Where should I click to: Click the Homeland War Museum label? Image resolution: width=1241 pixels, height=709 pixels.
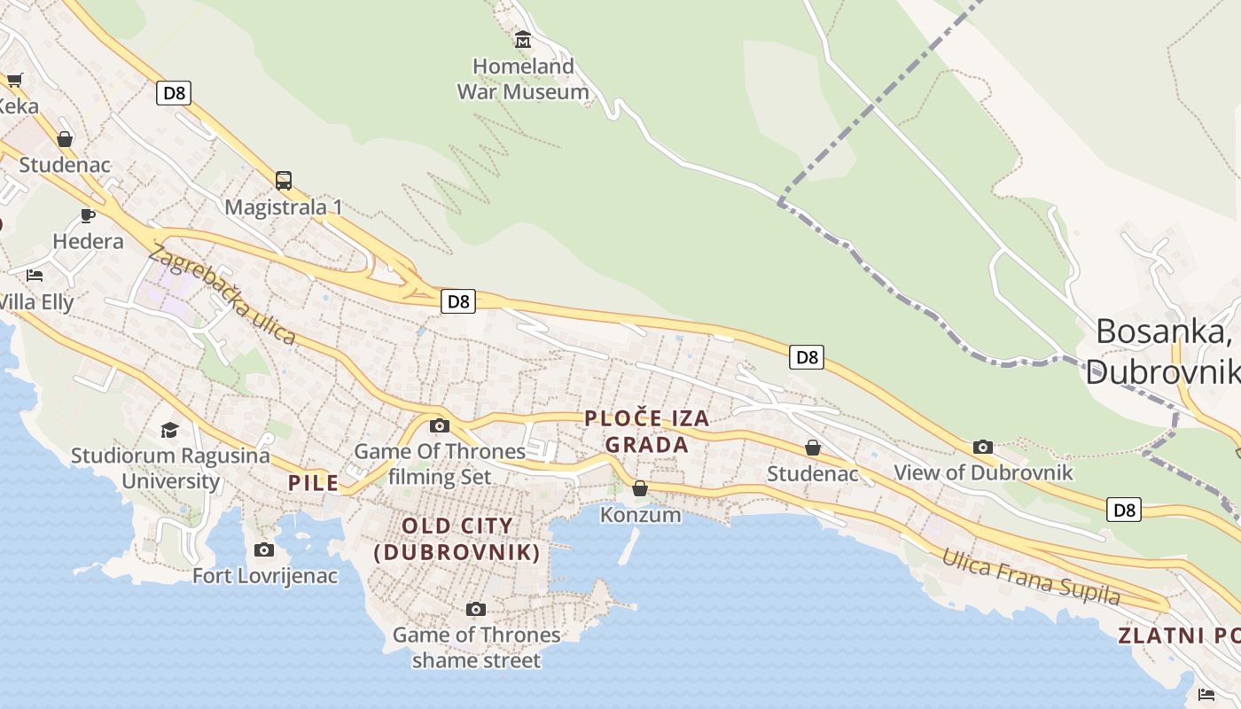[523, 79]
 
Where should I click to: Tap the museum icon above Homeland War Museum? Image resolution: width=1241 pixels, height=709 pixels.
[523, 40]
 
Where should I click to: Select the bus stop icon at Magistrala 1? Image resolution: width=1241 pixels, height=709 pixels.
[284, 181]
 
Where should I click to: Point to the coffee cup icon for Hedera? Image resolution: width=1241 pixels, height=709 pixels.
[88, 215]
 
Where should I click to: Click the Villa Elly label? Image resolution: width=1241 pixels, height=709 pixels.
[37, 301]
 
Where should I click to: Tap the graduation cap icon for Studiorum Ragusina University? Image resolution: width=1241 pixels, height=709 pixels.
[169, 430]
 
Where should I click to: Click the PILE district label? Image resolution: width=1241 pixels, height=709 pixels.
[314, 483]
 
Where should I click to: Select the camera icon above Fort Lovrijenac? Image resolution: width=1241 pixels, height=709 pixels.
[264, 550]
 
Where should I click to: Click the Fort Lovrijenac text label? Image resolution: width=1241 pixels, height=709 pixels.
[265, 576]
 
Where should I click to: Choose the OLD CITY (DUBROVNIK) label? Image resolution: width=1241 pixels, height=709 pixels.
[457, 539]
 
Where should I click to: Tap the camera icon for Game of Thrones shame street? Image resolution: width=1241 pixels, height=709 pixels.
[476, 609]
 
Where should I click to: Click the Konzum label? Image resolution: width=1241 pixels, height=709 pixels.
[641, 515]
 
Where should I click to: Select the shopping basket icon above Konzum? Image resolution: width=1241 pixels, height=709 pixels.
[640, 488]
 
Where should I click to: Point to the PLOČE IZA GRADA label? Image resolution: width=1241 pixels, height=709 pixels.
[648, 432]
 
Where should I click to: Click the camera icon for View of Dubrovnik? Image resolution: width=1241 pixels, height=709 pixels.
[983, 447]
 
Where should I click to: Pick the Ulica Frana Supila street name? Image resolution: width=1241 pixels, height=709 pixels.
[1031, 577]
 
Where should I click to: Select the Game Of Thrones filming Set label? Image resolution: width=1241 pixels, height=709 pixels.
[440, 464]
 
